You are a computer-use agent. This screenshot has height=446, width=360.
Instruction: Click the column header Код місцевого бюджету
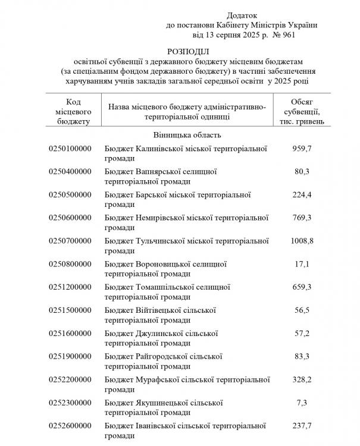(x=70, y=111)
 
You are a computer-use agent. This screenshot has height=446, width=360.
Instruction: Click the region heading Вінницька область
(x=187, y=135)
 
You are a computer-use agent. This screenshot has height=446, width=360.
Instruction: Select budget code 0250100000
(x=70, y=148)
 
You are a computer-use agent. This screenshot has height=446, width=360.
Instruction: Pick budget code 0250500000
(x=70, y=194)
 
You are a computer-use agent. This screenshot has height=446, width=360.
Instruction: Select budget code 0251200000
(x=70, y=287)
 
